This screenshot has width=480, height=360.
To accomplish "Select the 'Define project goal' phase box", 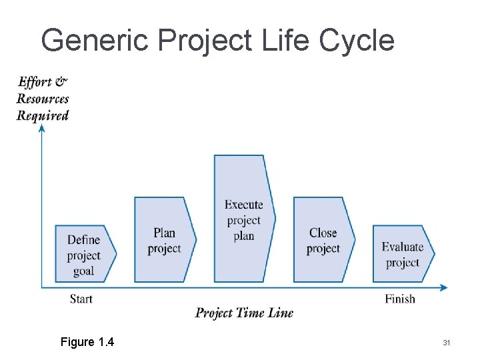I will pyautogui.click(x=85, y=254).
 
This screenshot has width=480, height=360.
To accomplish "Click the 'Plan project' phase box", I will pyautogui.click(x=164, y=240).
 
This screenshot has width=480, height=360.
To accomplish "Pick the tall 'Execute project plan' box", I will pyautogui.click(x=243, y=220).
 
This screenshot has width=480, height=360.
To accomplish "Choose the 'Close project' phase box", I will pyautogui.click(x=323, y=240).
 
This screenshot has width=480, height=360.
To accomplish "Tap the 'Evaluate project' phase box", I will pyautogui.click(x=402, y=254).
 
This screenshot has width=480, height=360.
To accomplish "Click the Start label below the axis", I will pyautogui.click(x=81, y=299).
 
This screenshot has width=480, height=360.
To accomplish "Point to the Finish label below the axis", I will pyautogui.click(x=400, y=299).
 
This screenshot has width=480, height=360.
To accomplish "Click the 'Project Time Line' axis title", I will pyautogui.click(x=244, y=313).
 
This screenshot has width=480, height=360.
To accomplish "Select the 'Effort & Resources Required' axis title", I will pyautogui.click(x=43, y=99).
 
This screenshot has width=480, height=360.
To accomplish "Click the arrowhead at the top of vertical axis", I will pyautogui.click(x=41, y=128).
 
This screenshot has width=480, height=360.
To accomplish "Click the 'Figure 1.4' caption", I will pyautogui.click(x=87, y=342).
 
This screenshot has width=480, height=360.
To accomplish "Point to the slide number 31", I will pyautogui.click(x=447, y=343).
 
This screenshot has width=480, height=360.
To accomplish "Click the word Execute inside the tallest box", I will pyautogui.click(x=243, y=205).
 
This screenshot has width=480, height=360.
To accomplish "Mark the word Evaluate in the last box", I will pyautogui.click(x=402, y=247).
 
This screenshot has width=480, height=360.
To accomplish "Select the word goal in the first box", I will pyautogui.click(x=83, y=271).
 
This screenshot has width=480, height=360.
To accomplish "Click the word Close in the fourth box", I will pyautogui.click(x=323, y=233).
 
